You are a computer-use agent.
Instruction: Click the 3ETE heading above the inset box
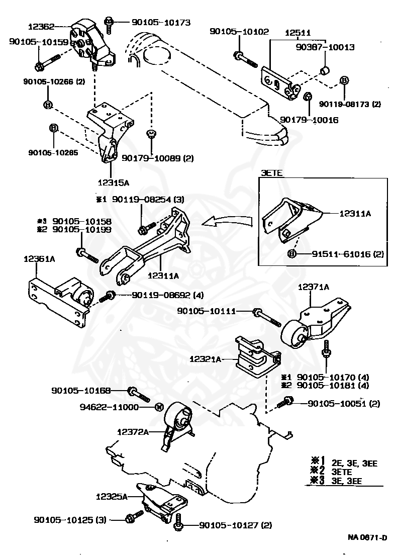click(x=271, y=173)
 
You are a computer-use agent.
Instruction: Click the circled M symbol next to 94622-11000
click(x=157, y=407)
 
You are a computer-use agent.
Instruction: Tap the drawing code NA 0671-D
click(x=367, y=537)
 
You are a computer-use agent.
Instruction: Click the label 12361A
click(x=39, y=259)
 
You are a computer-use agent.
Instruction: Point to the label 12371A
click(x=314, y=287)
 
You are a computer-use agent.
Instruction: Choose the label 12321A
click(x=206, y=359)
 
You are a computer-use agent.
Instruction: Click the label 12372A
click(x=133, y=431)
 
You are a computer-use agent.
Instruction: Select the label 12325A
click(x=112, y=496)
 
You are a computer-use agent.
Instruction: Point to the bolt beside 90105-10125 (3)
click(x=130, y=519)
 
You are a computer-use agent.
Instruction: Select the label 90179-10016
click(x=309, y=120)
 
